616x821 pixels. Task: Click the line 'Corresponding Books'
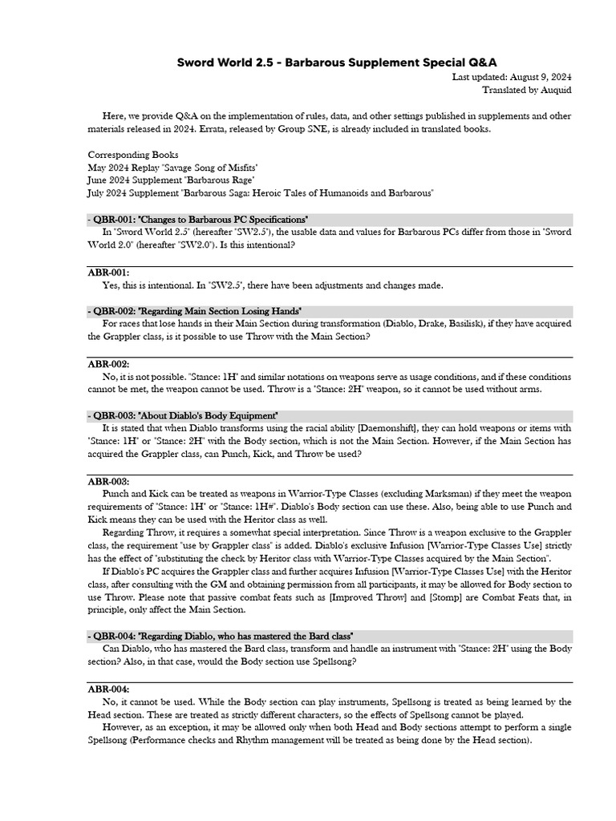133,155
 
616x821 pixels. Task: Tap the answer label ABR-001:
108,273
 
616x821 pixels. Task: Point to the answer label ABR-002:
108,363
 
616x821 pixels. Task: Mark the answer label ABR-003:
108,481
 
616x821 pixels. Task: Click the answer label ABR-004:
108,690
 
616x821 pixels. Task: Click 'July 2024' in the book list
107,193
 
